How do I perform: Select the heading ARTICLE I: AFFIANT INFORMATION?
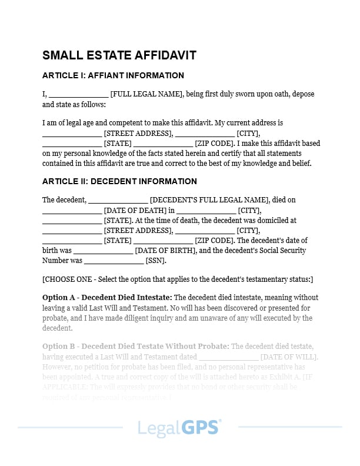pyautogui.click(x=113, y=75)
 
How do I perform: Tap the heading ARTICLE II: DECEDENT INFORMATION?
pyautogui.click(x=119, y=181)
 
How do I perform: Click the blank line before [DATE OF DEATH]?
pyautogui.click(x=72, y=211)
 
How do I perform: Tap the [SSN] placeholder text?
pyautogui.click(x=156, y=261)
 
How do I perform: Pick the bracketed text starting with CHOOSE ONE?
pyautogui.click(x=178, y=279)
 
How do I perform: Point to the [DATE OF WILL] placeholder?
pyautogui.click(x=289, y=357)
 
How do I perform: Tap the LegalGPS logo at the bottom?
pyautogui.click(x=179, y=427)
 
